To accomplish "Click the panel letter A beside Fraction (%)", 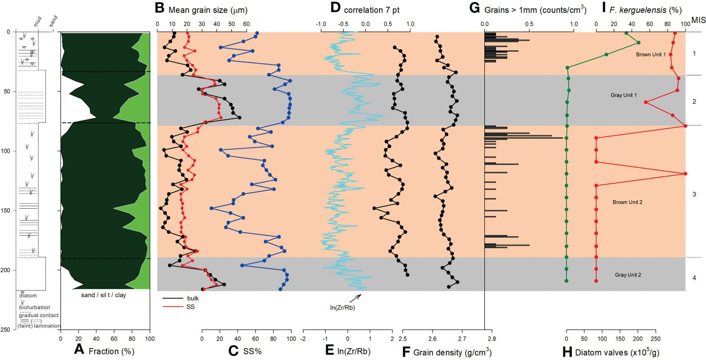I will click(x=78, y=351).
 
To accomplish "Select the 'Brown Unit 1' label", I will click(x=651, y=54).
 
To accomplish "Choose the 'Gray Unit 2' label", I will click(x=628, y=275).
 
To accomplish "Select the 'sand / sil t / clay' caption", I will click(x=105, y=296).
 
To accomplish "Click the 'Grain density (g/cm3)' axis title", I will click(x=452, y=352).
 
